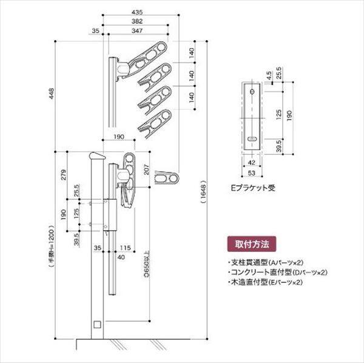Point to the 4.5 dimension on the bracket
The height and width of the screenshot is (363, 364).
click(269, 75)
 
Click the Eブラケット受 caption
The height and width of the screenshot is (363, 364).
click(254, 188)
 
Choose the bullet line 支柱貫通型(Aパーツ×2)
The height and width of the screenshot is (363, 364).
click(265, 262)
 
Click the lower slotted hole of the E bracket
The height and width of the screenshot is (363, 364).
click(252, 139)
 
